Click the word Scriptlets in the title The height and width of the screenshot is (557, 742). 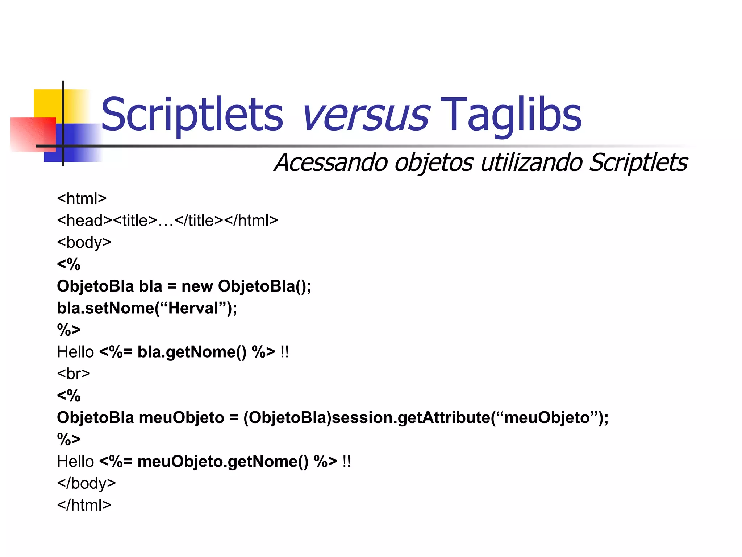pos(192,115)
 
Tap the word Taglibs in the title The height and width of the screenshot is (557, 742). pos(511,115)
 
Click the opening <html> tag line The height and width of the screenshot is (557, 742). pos(82,198)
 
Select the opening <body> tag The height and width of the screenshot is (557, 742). pos(84,242)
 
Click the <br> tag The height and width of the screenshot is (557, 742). pos(74,374)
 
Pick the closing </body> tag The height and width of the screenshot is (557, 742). pos(86,483)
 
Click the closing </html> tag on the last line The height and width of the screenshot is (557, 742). pos(84,505)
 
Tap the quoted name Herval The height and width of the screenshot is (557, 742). pos(193,308)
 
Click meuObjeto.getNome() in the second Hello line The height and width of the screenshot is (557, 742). pos(223,461)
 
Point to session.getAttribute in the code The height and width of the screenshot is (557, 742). pos(411,417)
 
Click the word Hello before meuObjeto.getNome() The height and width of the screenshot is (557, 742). pos(75,461)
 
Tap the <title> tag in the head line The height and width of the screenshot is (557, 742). pos(135,220)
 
